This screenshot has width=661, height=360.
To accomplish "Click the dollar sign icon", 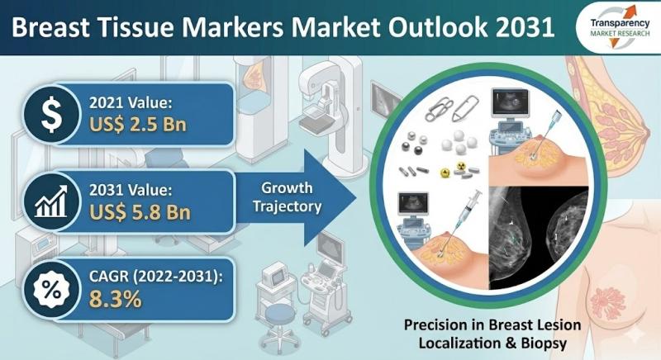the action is click(51, 114).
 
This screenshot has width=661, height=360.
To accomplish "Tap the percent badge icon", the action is click(51, 290).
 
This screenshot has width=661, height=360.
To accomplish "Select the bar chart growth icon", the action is click(51, 201).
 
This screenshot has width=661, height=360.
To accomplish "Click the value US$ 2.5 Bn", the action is click(138, 125).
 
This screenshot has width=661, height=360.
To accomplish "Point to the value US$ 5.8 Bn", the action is click(140, 212).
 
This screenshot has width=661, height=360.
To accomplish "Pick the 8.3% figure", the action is click(115, 299).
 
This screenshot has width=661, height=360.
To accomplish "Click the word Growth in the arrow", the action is click(287, 188).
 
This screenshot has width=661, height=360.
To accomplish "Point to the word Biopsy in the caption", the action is click(544, 343).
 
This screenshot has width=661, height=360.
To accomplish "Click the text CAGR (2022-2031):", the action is click(155, 277).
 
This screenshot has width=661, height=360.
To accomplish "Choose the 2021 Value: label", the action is click(131, 102).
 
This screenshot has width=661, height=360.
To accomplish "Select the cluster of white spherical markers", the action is click(459, 142).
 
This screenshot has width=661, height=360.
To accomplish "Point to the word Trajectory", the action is click(287, 206).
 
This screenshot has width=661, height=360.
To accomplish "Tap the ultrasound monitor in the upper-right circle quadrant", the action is click(510, 103).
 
